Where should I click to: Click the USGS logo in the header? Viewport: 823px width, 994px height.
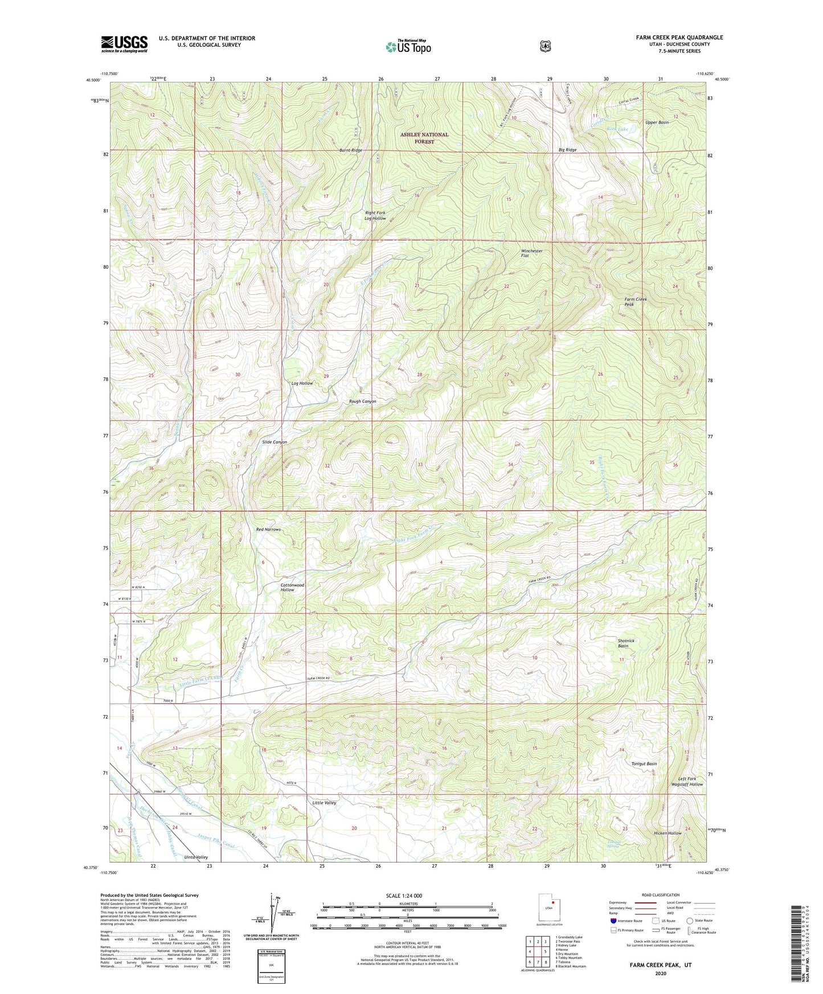click(124, 44)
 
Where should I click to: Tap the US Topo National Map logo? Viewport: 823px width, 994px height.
click(408, 47)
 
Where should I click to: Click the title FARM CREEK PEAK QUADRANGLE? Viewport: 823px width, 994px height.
click(679, 38)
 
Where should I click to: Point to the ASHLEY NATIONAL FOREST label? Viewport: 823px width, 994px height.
click(424, 138)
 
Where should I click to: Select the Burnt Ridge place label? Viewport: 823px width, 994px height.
click(350, 150)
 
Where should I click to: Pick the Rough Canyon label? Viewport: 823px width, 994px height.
click(362, 401)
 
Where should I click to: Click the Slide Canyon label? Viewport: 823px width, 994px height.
click(275, 442)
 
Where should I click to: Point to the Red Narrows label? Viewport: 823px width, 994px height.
click(268, 529)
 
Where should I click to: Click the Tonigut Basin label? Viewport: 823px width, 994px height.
click(644, 764)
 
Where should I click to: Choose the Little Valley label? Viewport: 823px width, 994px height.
click(324, 803)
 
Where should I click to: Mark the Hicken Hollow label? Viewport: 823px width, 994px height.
click(667, 833)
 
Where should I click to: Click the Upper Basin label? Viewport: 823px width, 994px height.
click(657, 122)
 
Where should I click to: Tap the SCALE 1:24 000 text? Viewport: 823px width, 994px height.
click(404, 896)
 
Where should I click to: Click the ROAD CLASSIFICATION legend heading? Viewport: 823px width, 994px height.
click(661, 895)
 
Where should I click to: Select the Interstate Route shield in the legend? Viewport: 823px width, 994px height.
click(613, 921)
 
